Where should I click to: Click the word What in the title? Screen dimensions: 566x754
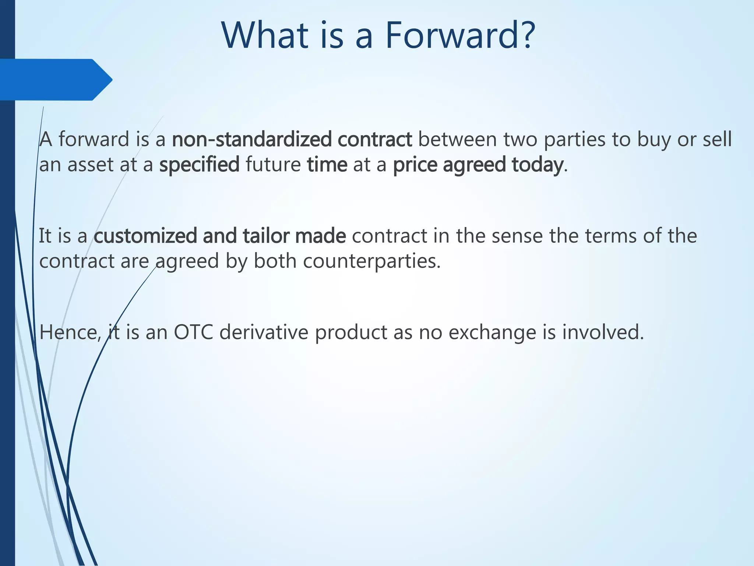(265, 35)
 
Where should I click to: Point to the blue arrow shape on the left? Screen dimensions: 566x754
(55, 80)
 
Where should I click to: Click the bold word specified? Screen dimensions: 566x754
(199, 165)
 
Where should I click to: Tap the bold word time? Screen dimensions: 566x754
(327, 165)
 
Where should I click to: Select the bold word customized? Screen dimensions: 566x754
(145, 236)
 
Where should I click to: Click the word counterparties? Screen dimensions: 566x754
(371, 261)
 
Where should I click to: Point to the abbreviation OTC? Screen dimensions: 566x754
(194, 332)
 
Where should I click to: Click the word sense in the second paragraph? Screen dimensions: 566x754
(517, 236)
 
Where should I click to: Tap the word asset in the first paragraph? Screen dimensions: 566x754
(90, 165)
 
